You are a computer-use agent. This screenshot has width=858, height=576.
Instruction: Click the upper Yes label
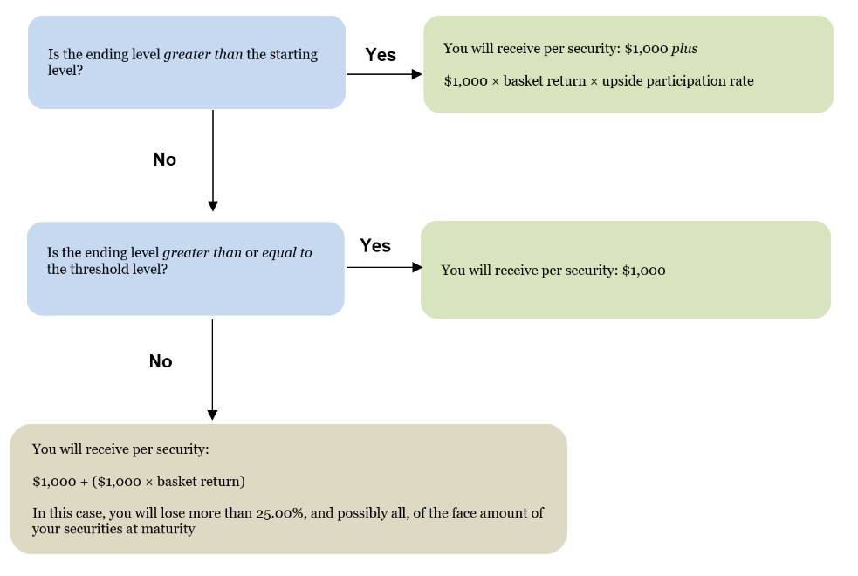[381, 55]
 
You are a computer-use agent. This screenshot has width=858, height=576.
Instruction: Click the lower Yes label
[375, 245]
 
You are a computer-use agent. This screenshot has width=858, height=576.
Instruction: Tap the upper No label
[165, 160]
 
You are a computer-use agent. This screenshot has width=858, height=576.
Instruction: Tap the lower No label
[161, 361]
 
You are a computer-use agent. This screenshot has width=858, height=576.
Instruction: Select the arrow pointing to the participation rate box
[384, 74]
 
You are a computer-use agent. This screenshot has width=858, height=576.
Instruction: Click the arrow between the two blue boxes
[213, 161]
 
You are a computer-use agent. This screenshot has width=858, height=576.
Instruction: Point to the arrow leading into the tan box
[212, 370]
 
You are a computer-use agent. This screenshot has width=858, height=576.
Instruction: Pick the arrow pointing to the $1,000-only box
[384, 267]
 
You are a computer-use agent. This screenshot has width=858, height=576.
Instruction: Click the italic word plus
[684, 49]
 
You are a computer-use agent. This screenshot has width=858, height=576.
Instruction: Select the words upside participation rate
[678, 81]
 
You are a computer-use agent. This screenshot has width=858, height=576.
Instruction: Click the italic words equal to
[287, 253]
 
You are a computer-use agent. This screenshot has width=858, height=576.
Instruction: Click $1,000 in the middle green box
[644, 271]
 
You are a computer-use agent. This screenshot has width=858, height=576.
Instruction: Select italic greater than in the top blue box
[203, 55]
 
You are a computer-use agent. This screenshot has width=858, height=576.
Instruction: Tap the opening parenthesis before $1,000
[94, 482]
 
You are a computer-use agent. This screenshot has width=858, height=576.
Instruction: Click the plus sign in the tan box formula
[84, 483]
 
